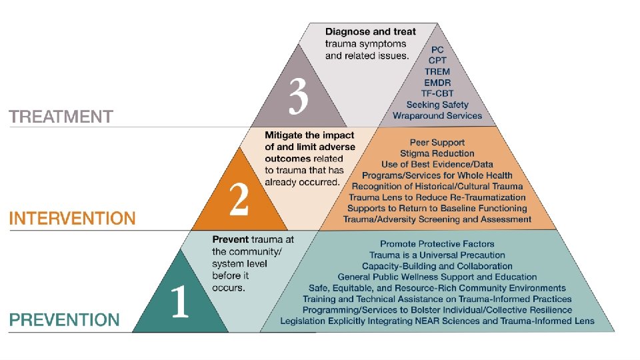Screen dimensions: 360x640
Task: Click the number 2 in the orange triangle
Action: (239, 201)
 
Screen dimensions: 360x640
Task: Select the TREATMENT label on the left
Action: (61, 117)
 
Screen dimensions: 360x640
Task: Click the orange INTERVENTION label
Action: (72, 218)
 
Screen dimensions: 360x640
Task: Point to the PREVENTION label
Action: (64, 319)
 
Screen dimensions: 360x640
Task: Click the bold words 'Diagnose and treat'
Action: (370, 31)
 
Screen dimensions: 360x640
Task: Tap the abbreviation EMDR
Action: (437, 83)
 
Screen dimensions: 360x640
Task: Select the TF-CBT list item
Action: (437, 93)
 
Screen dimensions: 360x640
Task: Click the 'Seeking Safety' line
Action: (437, 105)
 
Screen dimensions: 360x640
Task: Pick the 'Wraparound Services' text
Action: (437, 115)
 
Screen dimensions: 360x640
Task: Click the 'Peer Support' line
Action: (437, 142)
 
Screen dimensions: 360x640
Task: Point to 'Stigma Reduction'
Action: (437, 153)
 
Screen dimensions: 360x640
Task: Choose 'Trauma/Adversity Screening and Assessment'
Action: (437, 219)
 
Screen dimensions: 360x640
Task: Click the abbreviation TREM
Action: (437, 71)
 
